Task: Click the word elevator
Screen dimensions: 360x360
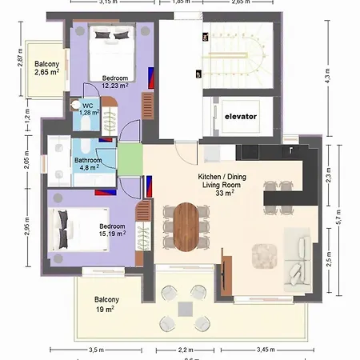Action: pyautogui.click(x=240, y=116)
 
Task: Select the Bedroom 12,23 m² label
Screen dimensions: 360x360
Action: pyautogui.click(x=116, y=82)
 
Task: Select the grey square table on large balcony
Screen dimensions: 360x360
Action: pyautogui.click(x=185, y=307)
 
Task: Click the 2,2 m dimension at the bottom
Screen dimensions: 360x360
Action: pyautogui.click(x=185, y=350)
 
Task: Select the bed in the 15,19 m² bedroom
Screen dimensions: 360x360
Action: pyautogui.click(x=74, y=230)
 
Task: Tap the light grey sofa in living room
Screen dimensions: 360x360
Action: pyautogui.click(x=297, y=260)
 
